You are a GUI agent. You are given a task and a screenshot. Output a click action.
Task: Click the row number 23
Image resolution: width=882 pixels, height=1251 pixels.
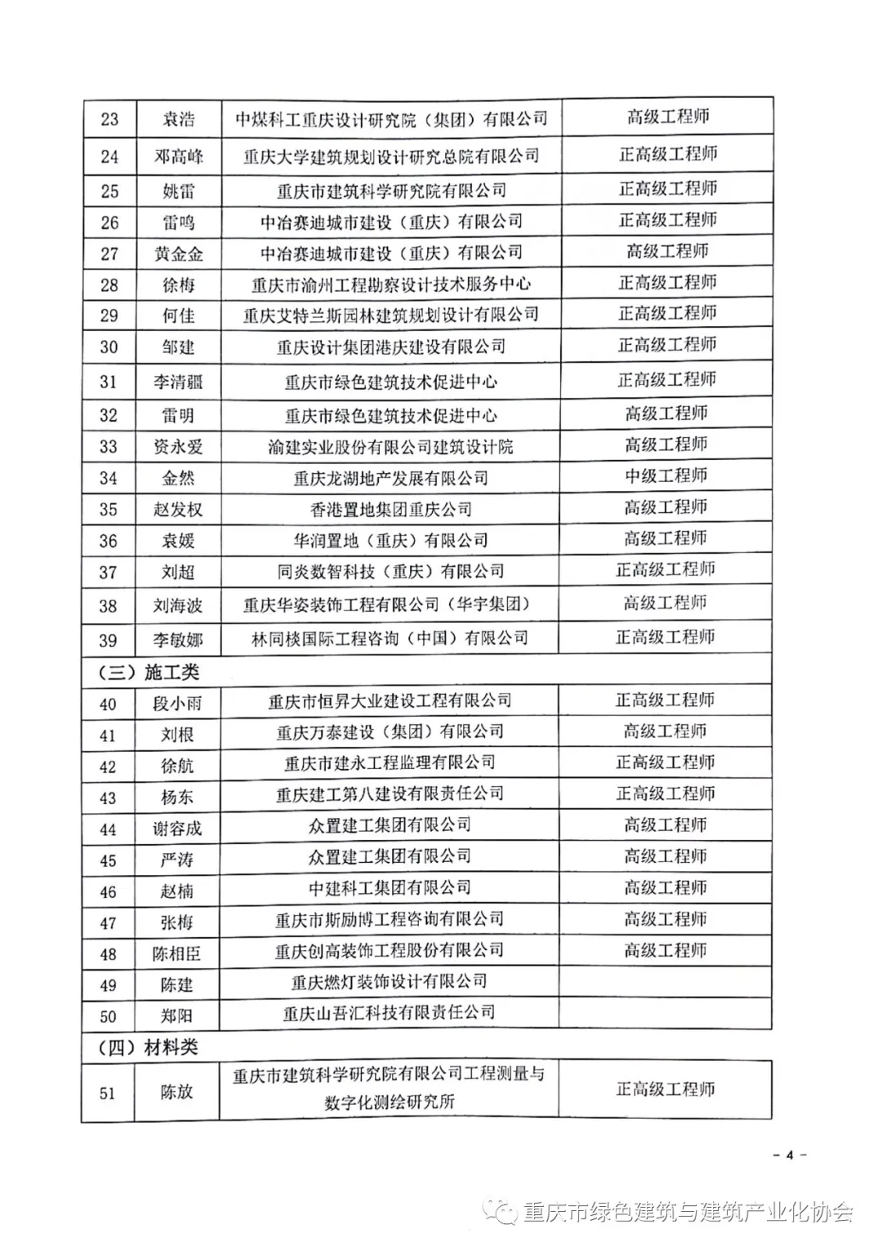109,119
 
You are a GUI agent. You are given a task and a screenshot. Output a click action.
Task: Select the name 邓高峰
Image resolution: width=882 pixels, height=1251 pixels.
178,156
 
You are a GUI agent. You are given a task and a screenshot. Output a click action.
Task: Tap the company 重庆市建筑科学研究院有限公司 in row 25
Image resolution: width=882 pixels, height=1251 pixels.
391,191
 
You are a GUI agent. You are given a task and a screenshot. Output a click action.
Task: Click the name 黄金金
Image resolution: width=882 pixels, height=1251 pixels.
178,254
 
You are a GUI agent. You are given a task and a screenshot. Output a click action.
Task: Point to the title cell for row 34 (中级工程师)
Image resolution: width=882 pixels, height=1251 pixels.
666,476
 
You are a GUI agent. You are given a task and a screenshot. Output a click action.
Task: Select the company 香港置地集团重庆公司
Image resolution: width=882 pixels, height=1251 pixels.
390,509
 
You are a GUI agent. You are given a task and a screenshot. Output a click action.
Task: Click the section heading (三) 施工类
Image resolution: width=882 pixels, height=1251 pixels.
148,672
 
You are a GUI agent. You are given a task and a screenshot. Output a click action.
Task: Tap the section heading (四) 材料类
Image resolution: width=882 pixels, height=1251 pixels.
148,1048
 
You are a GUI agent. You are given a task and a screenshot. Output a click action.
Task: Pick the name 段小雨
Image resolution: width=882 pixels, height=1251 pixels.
177,704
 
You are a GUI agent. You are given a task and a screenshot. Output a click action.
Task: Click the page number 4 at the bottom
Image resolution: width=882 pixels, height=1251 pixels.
789,1155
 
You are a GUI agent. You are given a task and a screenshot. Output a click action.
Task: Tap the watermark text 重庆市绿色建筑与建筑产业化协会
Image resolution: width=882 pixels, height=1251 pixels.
687,1213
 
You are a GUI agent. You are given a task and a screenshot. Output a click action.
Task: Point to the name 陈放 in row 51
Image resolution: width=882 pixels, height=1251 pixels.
177,1092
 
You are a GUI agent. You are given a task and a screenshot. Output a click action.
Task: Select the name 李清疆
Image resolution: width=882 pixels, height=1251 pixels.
178,382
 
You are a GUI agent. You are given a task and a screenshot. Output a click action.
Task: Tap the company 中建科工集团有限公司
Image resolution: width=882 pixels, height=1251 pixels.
390,888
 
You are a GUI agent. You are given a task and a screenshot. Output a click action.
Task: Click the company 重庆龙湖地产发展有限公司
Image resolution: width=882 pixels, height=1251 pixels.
390,478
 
